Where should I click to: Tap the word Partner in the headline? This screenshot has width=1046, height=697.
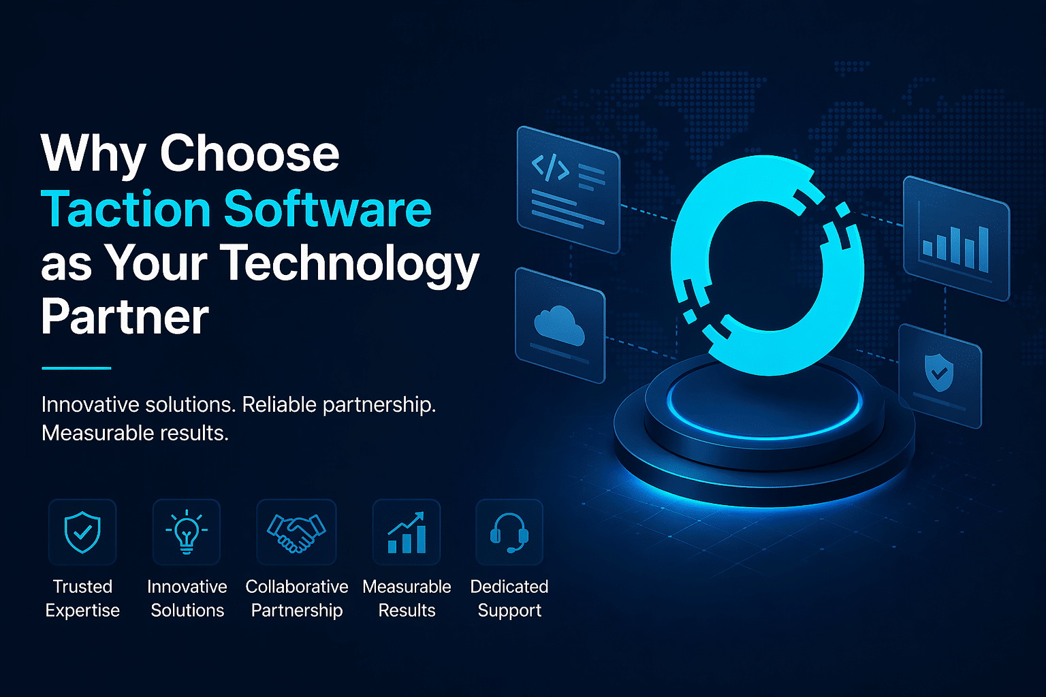point(125,317)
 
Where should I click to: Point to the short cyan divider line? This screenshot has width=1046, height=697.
point(76,368)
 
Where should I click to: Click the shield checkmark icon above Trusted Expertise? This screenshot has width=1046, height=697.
point(82,532)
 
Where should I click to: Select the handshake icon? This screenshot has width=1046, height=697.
point(296,532)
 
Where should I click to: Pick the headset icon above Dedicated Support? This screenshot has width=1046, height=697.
point(509,532)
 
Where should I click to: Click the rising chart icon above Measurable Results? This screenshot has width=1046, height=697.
point(407,532)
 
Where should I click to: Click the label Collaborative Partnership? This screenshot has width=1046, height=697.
point(297,598)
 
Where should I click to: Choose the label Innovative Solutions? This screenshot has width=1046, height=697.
point(187,598)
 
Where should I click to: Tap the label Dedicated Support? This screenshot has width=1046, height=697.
point(509,598)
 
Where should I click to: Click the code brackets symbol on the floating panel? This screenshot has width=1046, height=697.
point(550,167)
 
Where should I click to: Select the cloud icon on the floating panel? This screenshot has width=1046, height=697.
point(560,324)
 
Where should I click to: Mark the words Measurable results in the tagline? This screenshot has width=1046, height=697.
point(135,433)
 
